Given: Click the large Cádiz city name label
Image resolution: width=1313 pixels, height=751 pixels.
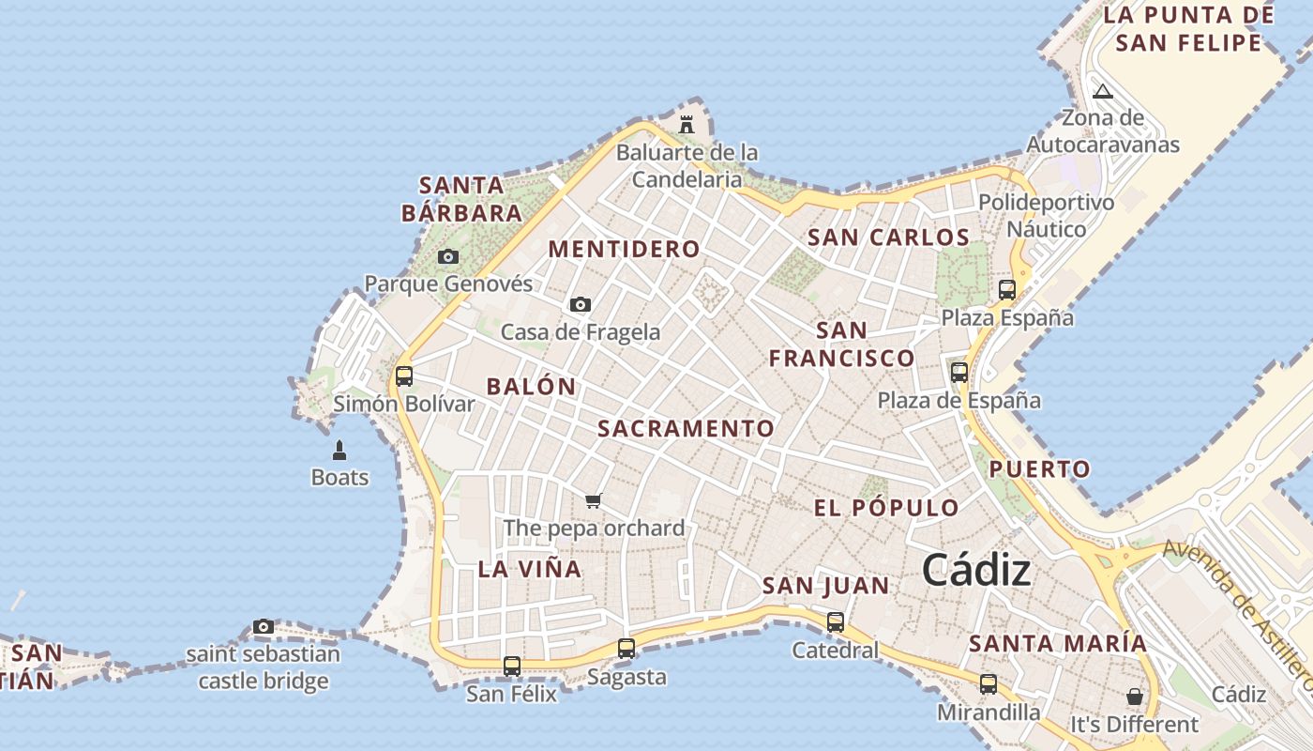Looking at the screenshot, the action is [x=976, y=570].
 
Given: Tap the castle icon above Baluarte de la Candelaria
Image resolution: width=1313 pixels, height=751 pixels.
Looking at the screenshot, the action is [x=687, y=124].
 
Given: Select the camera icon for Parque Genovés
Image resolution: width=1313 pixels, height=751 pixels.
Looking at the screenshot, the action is [x=448, y=256].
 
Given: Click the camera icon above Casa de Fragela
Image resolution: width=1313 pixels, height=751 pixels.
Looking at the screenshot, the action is [x=581, y=304].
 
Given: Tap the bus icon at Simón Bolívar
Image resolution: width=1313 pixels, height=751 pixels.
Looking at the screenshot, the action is [x=404, y=375].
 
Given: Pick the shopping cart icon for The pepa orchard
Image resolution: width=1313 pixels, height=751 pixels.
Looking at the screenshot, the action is [x=593, y=500].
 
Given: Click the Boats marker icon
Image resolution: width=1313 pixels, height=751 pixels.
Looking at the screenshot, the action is [x=340, y=451].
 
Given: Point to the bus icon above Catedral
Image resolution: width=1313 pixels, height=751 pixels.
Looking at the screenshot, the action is [x=835, y=621].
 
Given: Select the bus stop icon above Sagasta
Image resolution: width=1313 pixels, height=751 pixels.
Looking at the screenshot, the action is [x=626, y=648].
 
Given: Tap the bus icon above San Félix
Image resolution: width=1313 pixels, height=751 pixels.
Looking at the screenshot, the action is [x=511, y=667].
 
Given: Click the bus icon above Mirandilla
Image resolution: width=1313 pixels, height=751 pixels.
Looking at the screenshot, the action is [x=989, y=684].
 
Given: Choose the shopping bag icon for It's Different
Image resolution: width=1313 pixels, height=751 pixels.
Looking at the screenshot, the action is [x=1135, y=697].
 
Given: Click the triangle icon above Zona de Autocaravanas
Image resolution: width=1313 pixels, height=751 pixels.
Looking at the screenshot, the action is [x=1103, y=91].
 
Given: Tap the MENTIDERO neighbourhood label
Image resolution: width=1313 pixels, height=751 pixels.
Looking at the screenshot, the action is [x=624, y=249].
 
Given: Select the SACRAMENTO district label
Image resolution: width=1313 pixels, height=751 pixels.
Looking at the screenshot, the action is [x=686, y=429].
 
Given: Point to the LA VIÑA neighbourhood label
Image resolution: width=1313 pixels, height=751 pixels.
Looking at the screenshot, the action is [x=529, y=569].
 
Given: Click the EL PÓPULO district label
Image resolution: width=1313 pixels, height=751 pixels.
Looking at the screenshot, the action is [x=885, y=509].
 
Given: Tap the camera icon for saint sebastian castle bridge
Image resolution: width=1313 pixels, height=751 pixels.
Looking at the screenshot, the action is [x=264, y=626].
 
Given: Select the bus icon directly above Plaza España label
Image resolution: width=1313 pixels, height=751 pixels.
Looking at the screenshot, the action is [x=1007, y=289].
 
